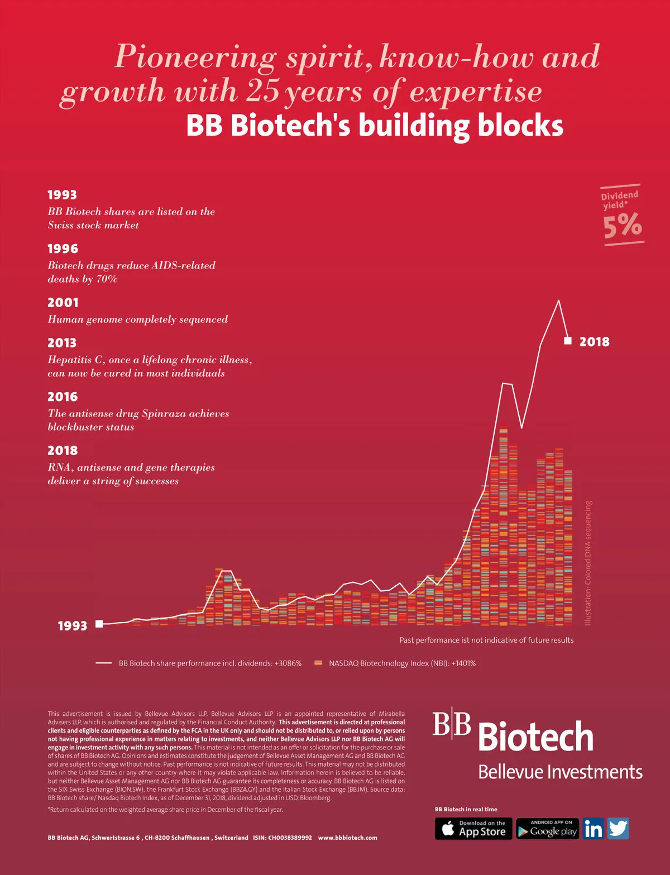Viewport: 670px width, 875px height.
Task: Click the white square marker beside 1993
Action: (x=99, y=624)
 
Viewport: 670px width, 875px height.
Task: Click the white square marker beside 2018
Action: (x=568, y=341)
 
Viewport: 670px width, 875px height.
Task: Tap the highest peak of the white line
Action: (x=558, y=301)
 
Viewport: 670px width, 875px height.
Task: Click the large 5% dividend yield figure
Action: (x=623, y=226)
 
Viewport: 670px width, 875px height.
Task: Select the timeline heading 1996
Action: (x=63, y=248)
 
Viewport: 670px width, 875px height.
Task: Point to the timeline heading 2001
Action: (x=63, y=303)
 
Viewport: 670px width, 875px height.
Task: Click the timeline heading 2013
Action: (x=62, y=343)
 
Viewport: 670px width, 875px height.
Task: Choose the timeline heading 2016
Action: (x=63, y=397)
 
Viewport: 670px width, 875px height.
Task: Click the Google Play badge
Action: (x=547, y=829)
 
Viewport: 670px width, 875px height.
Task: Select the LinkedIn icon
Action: (x=593, y=829)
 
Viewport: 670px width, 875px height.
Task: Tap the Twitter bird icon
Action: (x=618, y=829)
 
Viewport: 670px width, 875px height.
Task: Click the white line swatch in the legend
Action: (x=103, y=663)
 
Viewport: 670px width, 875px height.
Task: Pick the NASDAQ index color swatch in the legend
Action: (x=318, y=663)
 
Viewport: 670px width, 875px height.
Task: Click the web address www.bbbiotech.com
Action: (x=347, y=838)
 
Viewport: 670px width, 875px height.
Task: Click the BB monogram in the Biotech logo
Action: (x=451, y=724)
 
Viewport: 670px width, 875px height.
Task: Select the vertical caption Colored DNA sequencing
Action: (x=588, y=563)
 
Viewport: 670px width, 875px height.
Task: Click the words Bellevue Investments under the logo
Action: (x=560, y=772)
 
